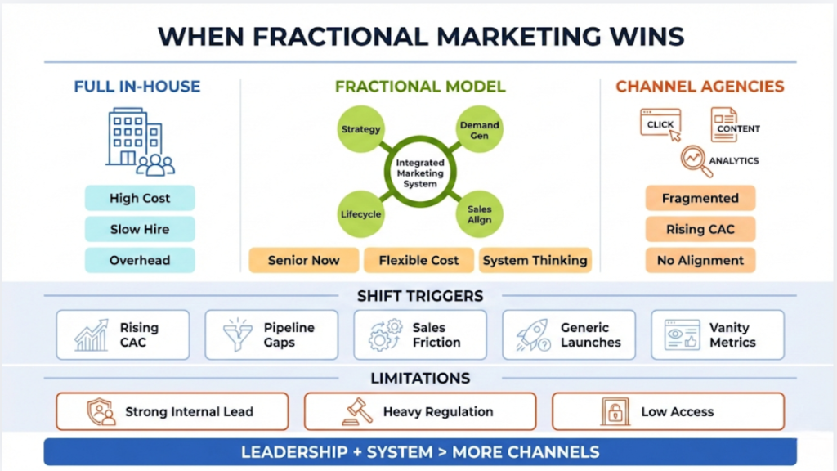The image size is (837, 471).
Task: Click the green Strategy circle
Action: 360,128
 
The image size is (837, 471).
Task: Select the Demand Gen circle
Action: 479,130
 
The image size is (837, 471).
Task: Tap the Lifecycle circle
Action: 360,214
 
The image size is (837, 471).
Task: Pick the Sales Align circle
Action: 479,215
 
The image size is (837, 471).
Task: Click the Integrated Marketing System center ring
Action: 419,172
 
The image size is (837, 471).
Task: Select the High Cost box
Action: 140,198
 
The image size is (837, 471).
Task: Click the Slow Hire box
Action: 140,229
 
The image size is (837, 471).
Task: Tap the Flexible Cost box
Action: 418,260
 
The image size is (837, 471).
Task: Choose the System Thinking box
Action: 535,260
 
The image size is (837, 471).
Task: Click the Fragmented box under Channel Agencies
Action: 700,198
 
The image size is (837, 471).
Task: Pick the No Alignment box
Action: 700,260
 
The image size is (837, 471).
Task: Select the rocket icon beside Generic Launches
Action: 534,335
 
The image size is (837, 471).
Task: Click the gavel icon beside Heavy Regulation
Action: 358,411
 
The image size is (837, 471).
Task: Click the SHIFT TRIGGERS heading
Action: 419,295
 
